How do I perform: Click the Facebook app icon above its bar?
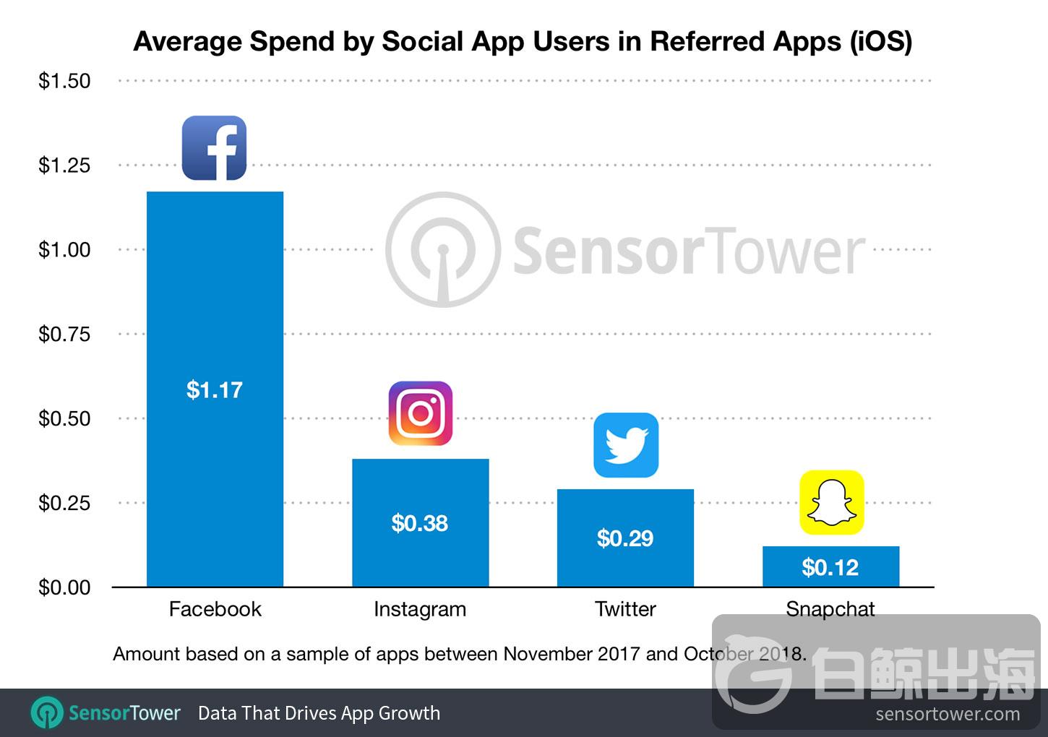tap(214, 148)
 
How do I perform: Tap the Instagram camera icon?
tap(421, 413)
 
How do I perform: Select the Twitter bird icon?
tap(626, 445)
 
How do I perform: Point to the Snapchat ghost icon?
tap(831, 502)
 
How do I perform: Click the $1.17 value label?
tap(215, 390)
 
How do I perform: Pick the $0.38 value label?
tap(420, 523)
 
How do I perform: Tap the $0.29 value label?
tap(625, 538)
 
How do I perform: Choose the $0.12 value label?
tap(830, 568)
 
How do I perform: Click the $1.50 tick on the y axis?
tap(64, 81)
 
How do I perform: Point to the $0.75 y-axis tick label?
tap(64, 334)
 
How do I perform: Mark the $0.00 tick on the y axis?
tap(64, 587)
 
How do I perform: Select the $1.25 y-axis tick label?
tap(64, 165)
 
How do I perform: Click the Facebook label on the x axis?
tap(215, 609)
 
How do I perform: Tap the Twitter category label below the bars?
tap(625, 609)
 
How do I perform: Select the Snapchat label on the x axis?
tap(830, 609)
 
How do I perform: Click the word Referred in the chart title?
tap(708, 41)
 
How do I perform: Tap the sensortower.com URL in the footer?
tap(948, 715)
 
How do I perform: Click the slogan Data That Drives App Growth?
tap(319, 713)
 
